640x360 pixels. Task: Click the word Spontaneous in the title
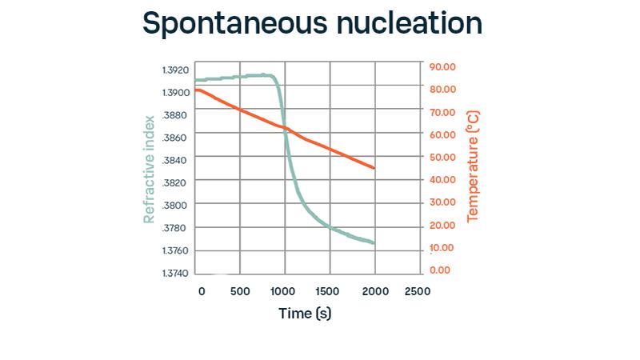pyautogui.click(x=226, y=25)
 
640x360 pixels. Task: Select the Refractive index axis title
pyautogui.click(x=149, y=169)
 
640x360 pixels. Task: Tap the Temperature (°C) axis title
pyautogui.click(x=473, y=167)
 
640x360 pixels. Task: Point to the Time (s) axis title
pyautogui.click(x=305, y=313)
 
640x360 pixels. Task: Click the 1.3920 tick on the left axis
pyautogui.click(x=175, y=70)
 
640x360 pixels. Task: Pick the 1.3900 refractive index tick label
pyautogui.click(x=175, y=93)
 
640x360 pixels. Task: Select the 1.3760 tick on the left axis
pyautogui.click(x=175, y=251)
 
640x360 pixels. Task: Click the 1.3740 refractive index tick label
pyautogui.click(x=175, y=274)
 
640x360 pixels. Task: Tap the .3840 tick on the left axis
pyautogui.click(x=175, y=161)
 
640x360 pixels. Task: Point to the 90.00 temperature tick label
pyautogui.click(x=442, y=66)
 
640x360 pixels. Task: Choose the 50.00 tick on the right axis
pyautogui.click(x=442, y=157)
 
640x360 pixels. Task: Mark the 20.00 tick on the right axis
pyautogui.click(x=442, y=225)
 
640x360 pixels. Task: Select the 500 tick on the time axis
pyautogui.click(x=240, y=291)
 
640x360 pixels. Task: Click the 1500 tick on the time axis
pyautogui.click(x=328, y=291)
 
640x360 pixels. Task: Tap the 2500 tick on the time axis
pyautogui.click(x=417, y=291)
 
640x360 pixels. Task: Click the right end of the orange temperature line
pyautogui.click(x=374, y=168)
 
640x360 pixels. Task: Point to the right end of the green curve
pyautogui.click(x=374, y=242)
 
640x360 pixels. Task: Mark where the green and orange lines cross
pyautogui.click(x=286, y=129)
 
